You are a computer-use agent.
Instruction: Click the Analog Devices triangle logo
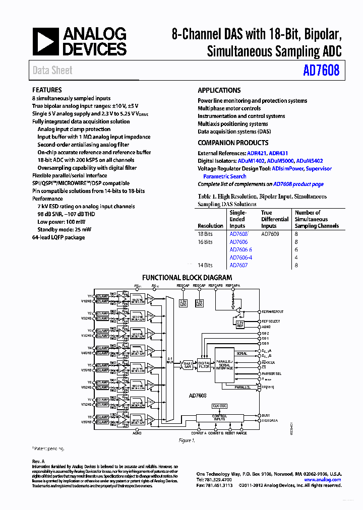click(46, 42)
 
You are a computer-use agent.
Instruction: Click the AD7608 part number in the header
click(321, 71)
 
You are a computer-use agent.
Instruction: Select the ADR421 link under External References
click(257, 153)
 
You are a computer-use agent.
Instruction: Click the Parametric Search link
click(224, 176)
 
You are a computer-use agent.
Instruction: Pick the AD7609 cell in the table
click(270, 234)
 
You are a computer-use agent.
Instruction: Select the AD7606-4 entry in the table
click(240, 258)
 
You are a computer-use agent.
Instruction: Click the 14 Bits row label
click(205, 265)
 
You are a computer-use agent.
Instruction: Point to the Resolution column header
click(210, 226)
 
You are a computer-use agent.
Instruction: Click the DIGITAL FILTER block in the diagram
click(204, 366)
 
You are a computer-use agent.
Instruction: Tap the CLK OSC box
click(219, 406)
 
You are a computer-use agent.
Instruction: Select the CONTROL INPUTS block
click(219, 418)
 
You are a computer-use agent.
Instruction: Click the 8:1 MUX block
click(169, 360)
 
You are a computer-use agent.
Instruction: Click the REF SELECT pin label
click(271, 321)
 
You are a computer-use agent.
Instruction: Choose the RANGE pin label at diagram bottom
click(241, 433)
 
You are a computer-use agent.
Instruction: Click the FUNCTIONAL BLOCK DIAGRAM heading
click(187, 277)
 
